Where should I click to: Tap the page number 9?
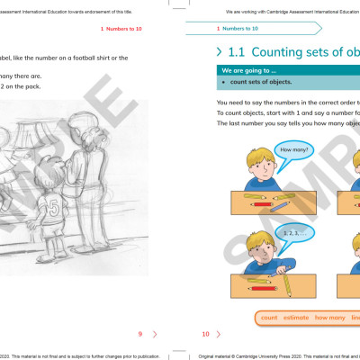click(x=139, y=334)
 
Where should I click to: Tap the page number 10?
click(x=205, y=334)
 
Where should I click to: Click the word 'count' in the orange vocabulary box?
click(x=268, y=318)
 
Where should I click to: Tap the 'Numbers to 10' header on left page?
click(x=126, y=29)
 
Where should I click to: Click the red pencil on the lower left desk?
click(x=261, y=289)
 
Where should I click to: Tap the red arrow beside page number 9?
click(x=156, y=334)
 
